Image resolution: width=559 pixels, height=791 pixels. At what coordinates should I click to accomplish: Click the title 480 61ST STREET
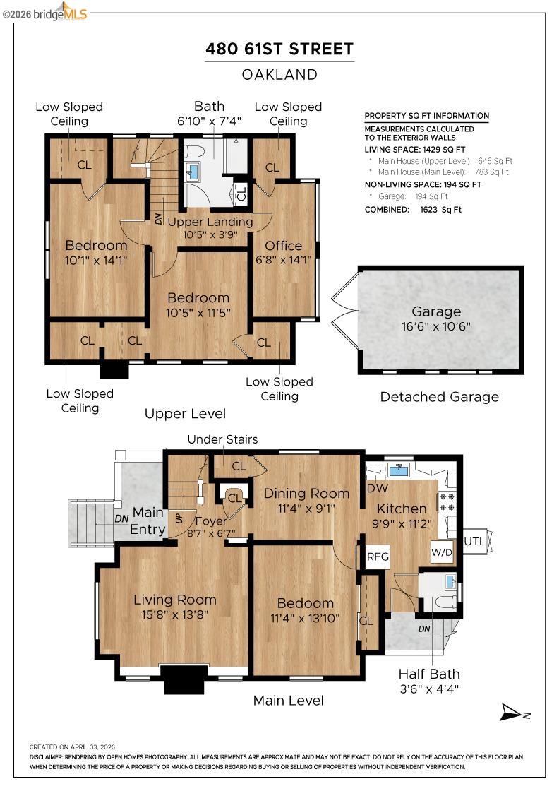pos(279,49)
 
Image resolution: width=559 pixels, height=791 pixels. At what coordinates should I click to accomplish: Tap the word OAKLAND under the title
pos(279,74)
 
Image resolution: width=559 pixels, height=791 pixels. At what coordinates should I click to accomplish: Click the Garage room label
pos(437,311)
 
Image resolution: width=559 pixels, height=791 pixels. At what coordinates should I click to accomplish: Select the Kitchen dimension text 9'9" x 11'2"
pos(402,523)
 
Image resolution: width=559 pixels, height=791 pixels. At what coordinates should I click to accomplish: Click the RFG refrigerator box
pos(378,557)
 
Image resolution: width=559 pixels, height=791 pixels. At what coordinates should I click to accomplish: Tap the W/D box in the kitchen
pos(442,552)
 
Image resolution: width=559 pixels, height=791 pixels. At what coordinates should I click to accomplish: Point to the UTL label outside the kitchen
pos(473,540)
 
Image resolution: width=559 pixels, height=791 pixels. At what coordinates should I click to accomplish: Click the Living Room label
pos(175,600)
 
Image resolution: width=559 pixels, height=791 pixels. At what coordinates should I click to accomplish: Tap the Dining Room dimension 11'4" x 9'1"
pos(306,507)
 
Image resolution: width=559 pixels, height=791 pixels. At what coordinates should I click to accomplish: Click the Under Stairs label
pos(222,439)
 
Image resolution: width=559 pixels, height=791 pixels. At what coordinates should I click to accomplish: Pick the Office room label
pos(283,246)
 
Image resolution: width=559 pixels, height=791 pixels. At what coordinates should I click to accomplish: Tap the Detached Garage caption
pos(439,397)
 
